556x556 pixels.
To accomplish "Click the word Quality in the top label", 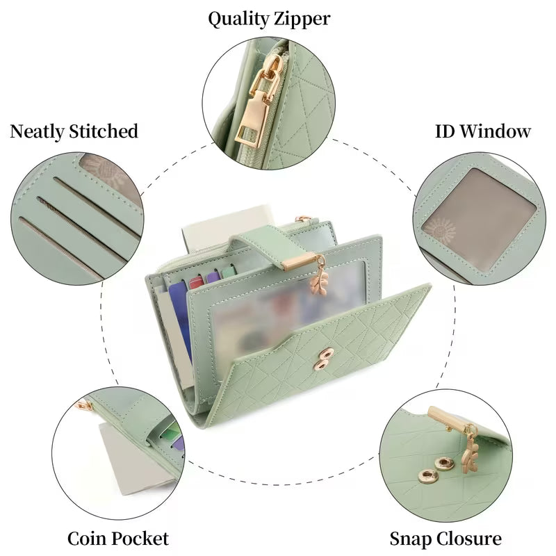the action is click(x=238, y=19).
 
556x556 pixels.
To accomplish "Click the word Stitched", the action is click(x=103, y=131).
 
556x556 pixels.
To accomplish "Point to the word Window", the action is click(x=496, y=131).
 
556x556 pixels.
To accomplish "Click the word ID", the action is click(x=445, y=131).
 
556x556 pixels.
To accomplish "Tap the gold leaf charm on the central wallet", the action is click(x=319, y=277).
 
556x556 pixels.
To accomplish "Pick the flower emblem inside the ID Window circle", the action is click(x=440, y=231).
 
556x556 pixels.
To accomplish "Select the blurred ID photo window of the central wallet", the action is click(x=284, y=305).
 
